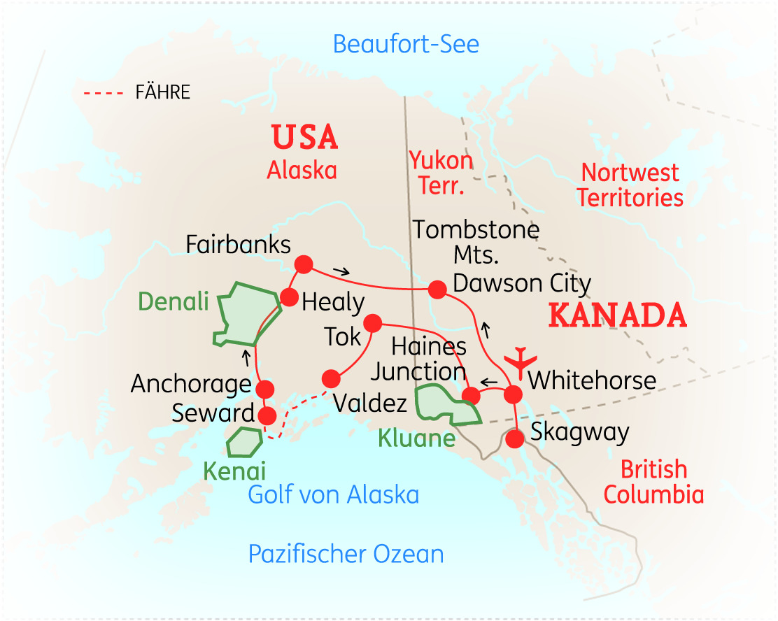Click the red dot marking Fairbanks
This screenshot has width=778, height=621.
pyautogui.click(x=303, y=264)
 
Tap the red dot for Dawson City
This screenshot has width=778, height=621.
pyautogui.click(x=437, y=289)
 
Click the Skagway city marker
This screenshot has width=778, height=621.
pyautogui.click(x=514, y=439)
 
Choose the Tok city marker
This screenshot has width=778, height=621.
pyautogui.click(x=372, y=322)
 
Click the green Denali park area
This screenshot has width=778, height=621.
pyautogui.click(x=241, y=315)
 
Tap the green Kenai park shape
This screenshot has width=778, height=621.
pyautogui.click(x=244, y=441)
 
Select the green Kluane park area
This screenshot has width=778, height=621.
pyautogui.click(x=448, y=406)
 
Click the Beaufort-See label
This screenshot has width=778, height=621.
pyautogui.click(x=406, y=44)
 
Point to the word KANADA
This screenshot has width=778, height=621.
pyautogui.click(x=617, y=316)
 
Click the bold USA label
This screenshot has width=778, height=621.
pyautogui.click(x=304, y=138)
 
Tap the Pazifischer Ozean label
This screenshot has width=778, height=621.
pyautogui.click(x=346, y=554)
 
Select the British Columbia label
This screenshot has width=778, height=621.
pyautogui.click(x=653, y=482)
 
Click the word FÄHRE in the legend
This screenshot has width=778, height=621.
pyautogui.click(x=162, y=93)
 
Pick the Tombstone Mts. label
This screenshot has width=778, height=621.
pyautogui.click(x=476, y=242)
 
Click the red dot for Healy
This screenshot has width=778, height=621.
pyautogui.click(x=290, y=297)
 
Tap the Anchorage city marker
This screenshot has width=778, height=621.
pyautogui.click(x=265, y=389)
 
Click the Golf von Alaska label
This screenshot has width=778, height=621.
pyautogui.click(x=334, y=494)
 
